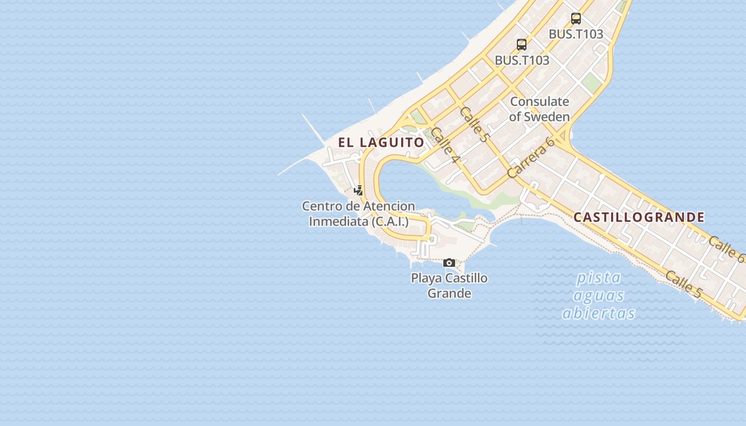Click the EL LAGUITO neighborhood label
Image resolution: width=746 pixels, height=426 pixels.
coord(381,142)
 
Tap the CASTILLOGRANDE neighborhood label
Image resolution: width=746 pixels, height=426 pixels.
coord(639,217)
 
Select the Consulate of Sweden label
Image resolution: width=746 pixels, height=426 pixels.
coord(539,109)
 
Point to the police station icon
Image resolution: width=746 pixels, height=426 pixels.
coord(359,190)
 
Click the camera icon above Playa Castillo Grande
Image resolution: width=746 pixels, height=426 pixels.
coord(449,263)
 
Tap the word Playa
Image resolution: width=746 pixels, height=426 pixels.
coord(426,278)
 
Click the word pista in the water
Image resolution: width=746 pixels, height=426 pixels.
coord(599,277)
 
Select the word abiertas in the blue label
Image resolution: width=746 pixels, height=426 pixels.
coord(599,313)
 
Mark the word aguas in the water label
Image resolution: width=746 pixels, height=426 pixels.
coord(599,295)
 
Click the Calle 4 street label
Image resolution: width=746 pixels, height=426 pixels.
coord(445,145)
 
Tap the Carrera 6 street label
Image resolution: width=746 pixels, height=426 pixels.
coord(531,157)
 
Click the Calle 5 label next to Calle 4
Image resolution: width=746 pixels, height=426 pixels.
coord(474,124)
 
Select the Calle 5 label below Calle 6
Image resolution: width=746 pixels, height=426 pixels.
coord(684,284)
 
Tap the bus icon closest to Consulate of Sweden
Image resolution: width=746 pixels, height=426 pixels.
coord(522,45)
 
